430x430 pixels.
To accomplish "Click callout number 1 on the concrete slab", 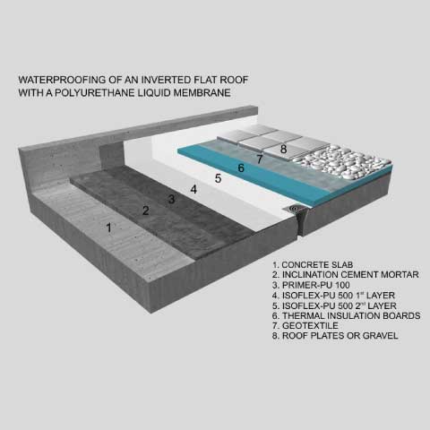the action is pyautogui.click(x=109, y=228).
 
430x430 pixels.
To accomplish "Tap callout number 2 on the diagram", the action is pyautogui.click(x=145, y=211).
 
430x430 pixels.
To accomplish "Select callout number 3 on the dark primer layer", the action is pyautogui.click(x=171, y=199).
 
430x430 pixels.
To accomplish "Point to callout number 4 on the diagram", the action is pyautogui.click(x=193, y=189).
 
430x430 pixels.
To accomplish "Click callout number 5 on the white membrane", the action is pyautogui.click(x=219, y=178).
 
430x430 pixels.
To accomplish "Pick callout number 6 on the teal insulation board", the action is pyautogui.click(x=241, y=168).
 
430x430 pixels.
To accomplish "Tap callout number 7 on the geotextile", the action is pyautogui.click(x=260, y=159).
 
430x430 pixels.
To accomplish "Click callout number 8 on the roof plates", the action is pyautogui.click(x=283, y=149).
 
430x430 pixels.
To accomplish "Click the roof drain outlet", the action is pyautogui.click(x=294, y=209).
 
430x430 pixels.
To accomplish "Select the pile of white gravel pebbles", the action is pyautogui.click(x=343, y=162).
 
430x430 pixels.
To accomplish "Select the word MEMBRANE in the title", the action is pyautogui.click(x=202, y=92).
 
